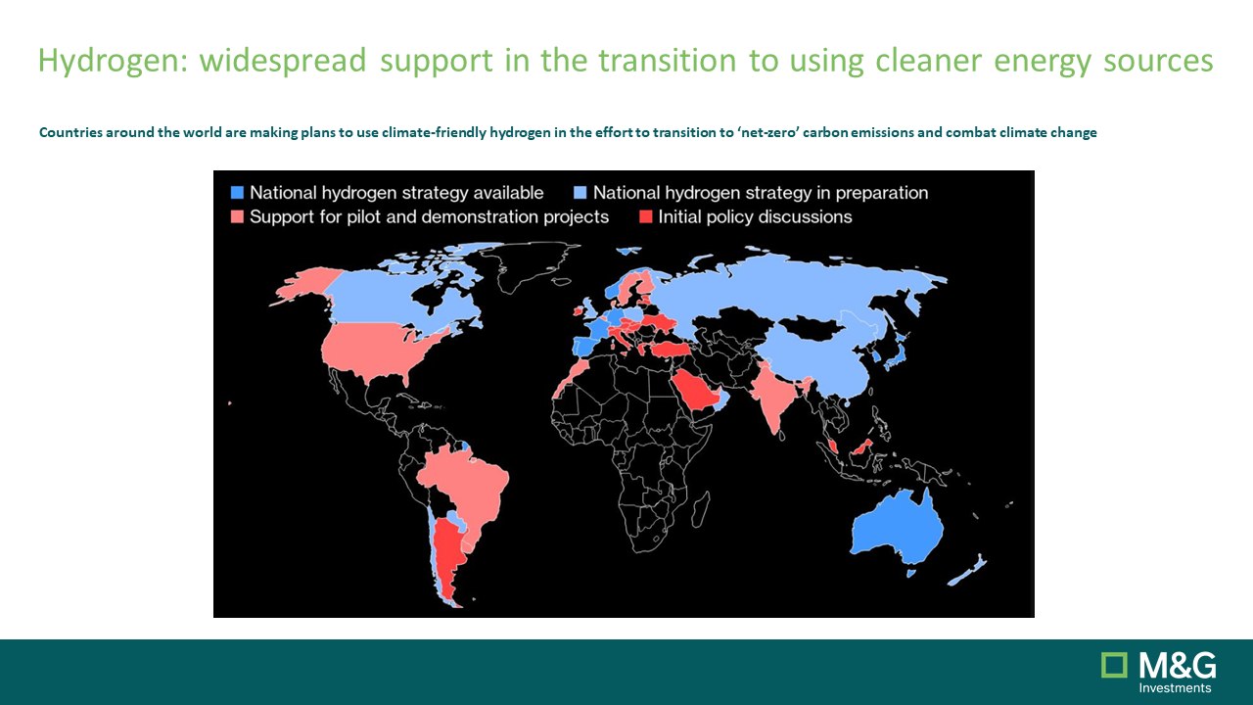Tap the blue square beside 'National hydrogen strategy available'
point(237,193)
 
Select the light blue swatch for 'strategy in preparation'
point(580,193)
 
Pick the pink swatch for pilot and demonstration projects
point(237,216)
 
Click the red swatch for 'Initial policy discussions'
point(645,216)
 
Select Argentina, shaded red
point(447,559)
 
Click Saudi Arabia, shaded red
point(694,392)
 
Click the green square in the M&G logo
point(1114,665)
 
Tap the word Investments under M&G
point(1176,687)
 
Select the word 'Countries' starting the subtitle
point(71,132)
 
